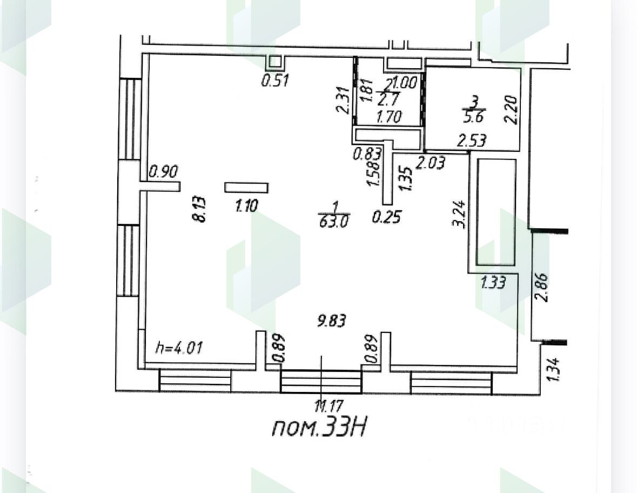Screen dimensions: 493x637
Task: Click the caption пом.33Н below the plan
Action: coord(319,428)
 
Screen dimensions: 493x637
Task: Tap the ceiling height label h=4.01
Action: coord(179,347)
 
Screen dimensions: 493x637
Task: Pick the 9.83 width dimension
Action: coord(332,321)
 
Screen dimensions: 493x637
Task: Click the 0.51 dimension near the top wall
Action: coord(275,81)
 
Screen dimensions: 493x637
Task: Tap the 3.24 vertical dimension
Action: coord(461,215)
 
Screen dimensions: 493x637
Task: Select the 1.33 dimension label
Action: coord(493,282)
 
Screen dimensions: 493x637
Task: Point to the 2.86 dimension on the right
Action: coord(542,288)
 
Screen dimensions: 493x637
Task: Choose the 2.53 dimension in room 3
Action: coord(472,141)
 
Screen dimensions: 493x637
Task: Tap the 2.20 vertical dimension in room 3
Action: coord(511,110)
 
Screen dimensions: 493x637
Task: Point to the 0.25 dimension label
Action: coord(387,217)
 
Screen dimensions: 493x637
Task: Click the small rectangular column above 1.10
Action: coord(246,188)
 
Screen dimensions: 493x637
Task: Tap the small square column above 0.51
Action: coord(275,62)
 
